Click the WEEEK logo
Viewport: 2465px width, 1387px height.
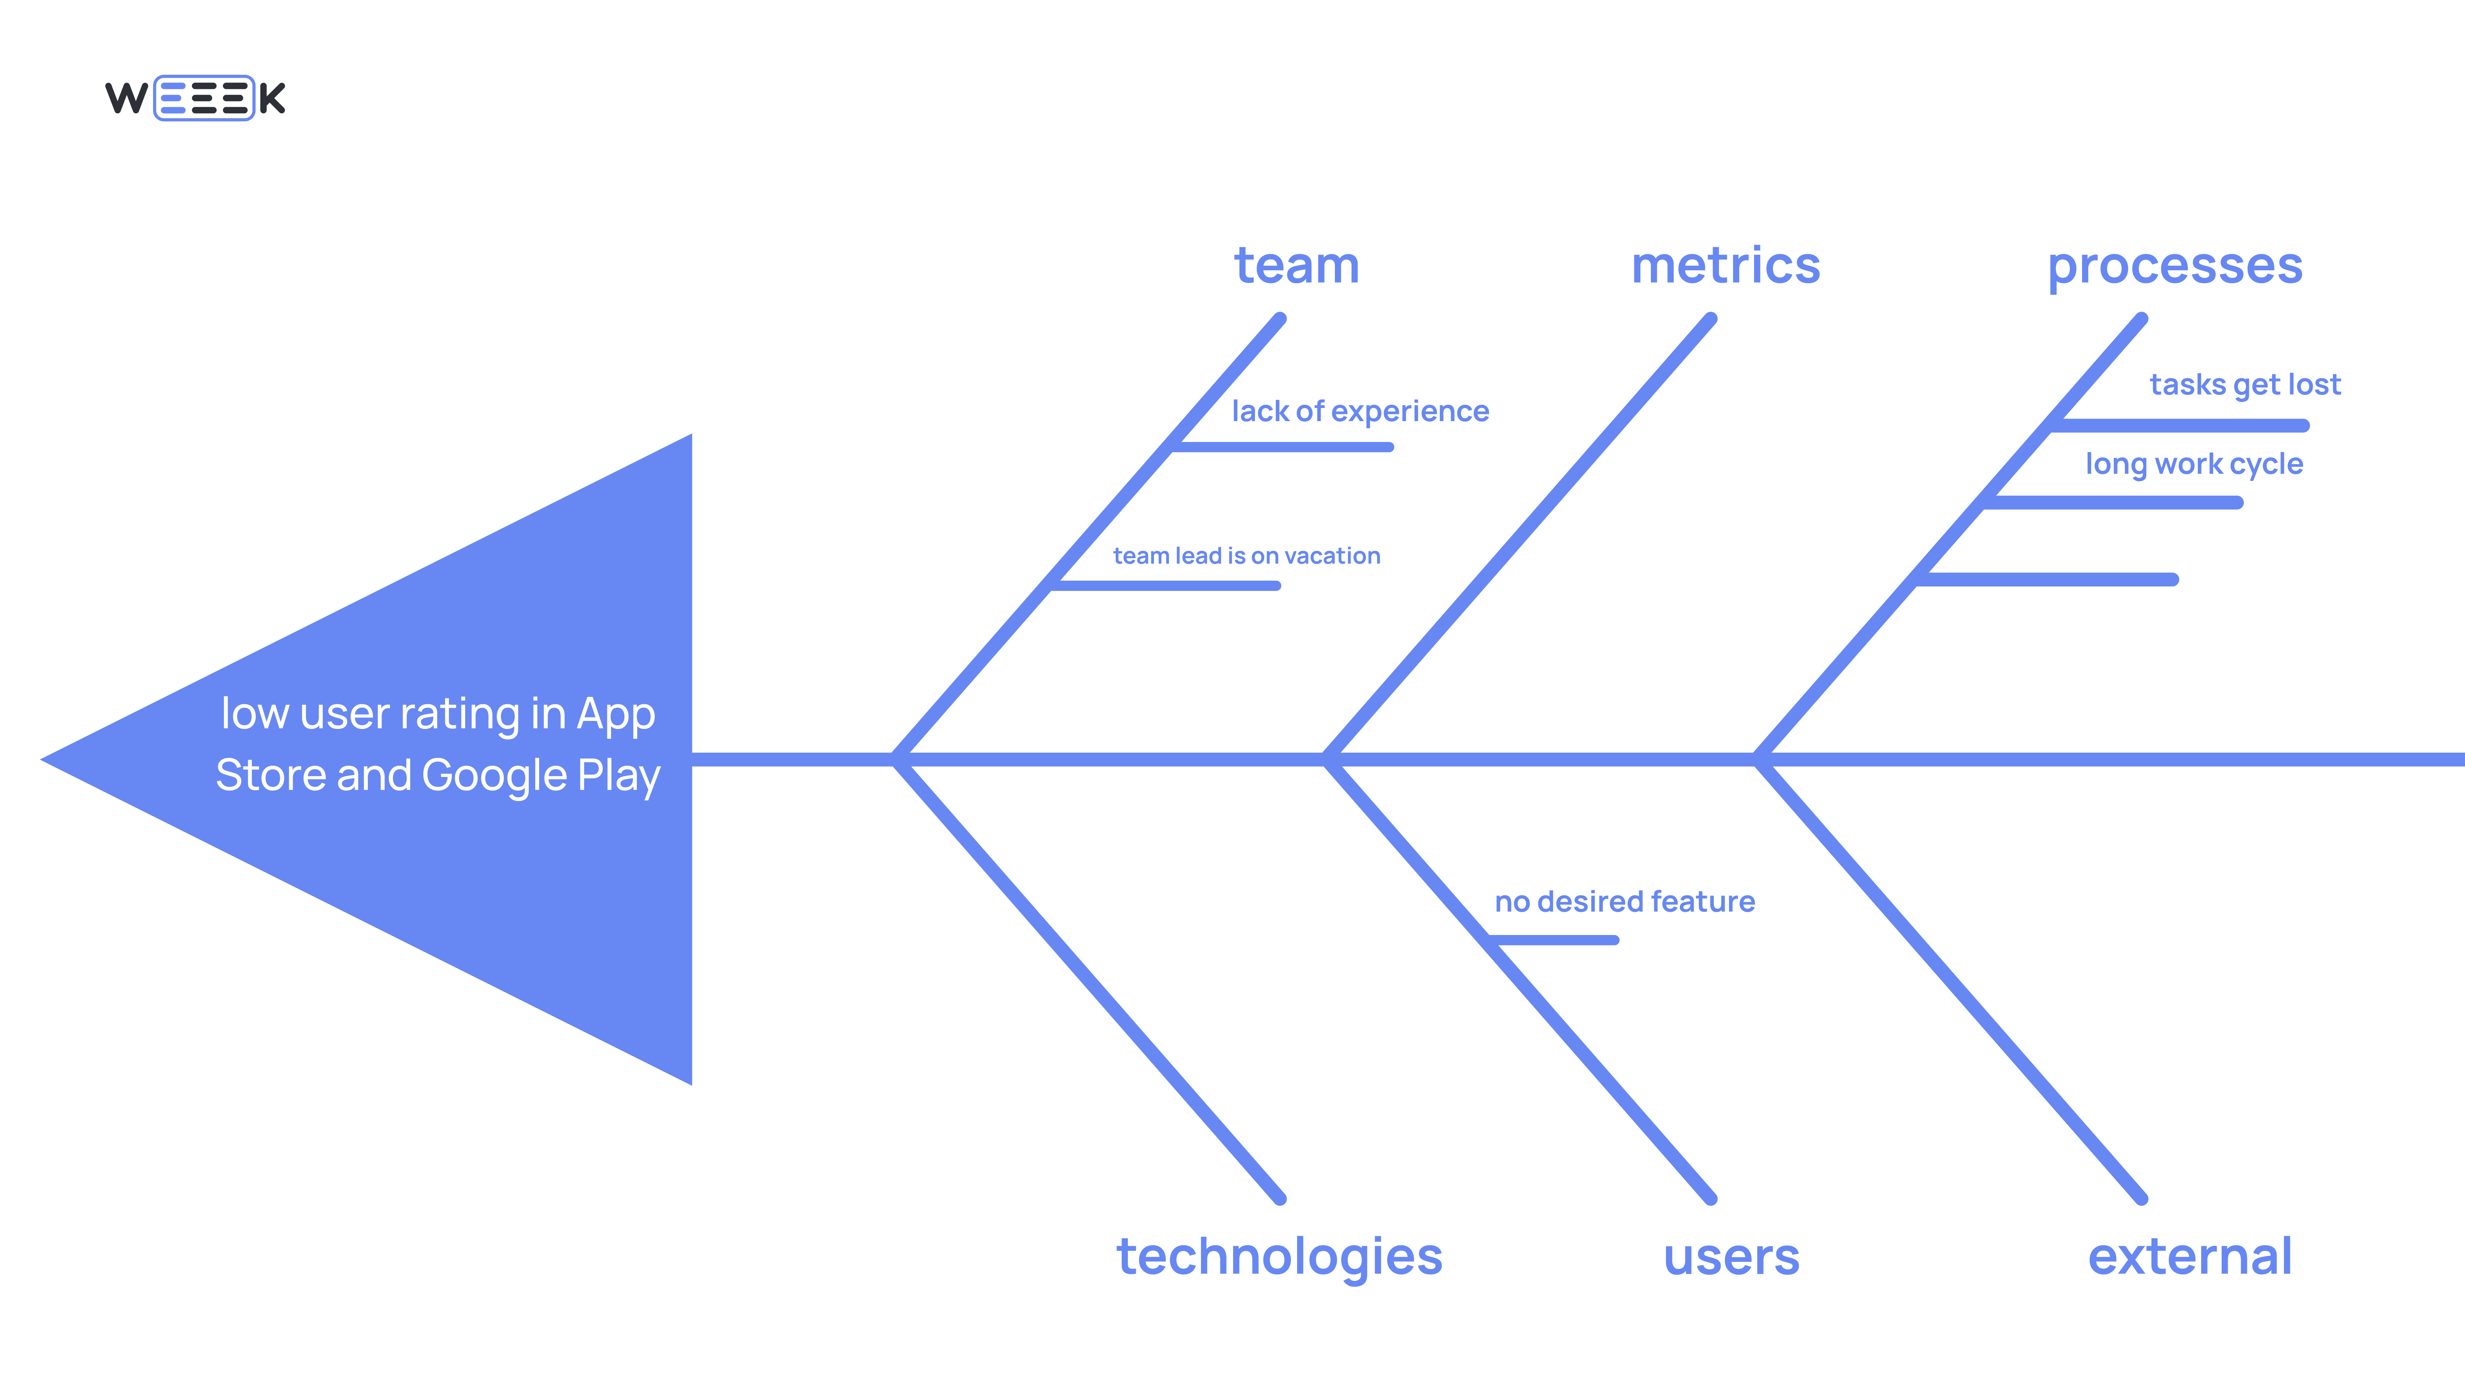(195, 98)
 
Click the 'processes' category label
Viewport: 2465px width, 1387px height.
(2174, 266)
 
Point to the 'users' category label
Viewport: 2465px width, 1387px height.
(1731, 1257)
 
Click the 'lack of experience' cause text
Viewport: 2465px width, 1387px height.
(1360, 412)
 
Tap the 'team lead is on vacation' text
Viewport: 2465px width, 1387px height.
(1246, 556)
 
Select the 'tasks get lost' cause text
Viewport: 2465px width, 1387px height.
(2245, 385)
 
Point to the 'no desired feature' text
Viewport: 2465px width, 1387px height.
(1624, 902)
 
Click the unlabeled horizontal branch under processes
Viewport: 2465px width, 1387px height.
(2048, 579)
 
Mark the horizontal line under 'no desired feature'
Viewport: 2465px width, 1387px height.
(1555, 940)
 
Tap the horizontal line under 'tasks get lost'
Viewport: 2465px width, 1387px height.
(2182, 425)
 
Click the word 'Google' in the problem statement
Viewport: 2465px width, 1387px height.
(494, 775)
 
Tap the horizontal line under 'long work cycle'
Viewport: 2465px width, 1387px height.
(2115, 503)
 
